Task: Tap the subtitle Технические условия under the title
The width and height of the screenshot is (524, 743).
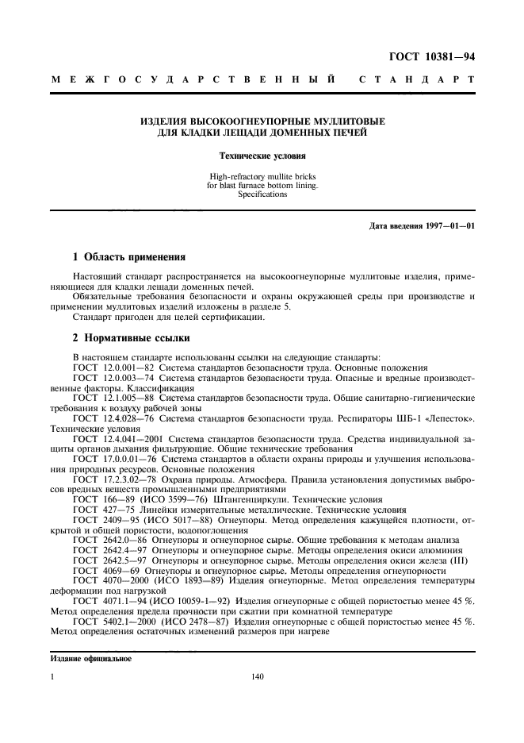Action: pyautogui.click(x=262, y=157)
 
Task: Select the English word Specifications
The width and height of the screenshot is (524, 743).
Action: pyautogui.click(x=262, y=194)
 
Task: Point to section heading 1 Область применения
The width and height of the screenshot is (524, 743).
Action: pyautogui.click(x=129, y=257)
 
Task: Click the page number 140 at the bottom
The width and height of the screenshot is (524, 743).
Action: pyautogui.click(x=256, y=677)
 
